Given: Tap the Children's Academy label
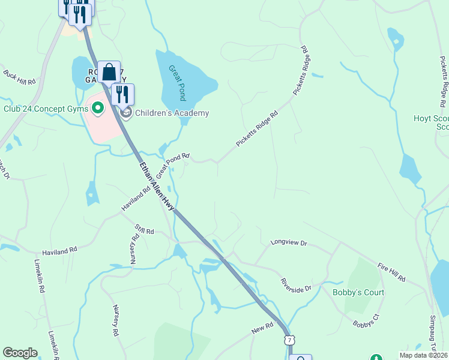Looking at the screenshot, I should coord(172,113).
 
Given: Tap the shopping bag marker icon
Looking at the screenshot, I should coord(109,73).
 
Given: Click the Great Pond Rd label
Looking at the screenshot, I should coord(173,165).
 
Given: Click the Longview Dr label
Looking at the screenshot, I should coord(288,243).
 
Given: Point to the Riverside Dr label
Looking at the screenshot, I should coord(296,284).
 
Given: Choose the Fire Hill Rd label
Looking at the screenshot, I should coord(392,272).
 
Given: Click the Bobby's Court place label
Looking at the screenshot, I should coord(358,292).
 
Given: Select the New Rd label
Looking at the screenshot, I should coord(262,328).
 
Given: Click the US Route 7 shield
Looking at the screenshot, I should coord(289,340).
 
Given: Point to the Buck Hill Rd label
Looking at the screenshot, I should coord(20,77).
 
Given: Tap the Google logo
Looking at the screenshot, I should coord(20,353).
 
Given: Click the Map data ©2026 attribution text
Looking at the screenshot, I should coord(424,355).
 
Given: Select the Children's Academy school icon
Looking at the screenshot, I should coord(126,112).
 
